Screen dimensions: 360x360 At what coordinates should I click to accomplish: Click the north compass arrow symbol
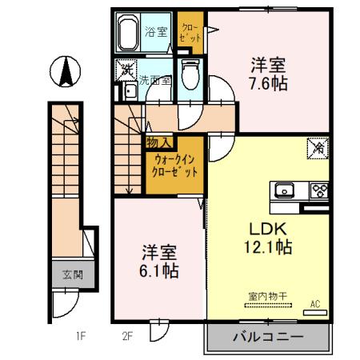click(65, 74)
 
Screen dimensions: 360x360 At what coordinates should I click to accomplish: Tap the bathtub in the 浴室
click(129, 34)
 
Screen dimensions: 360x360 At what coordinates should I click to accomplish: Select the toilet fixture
click(190, 77)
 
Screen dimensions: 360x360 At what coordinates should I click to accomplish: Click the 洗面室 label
click(154, 80)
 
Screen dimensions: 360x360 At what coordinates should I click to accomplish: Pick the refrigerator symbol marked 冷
click(317, 148)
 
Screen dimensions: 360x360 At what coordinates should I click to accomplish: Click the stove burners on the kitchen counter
click(319, 190)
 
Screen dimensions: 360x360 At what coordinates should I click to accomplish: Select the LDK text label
click(267, 226)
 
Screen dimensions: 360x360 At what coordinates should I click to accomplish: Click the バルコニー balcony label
click(268, 337)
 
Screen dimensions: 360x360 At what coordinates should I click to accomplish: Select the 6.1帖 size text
click(156, 270)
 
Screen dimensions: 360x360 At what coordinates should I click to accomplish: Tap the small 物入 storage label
click(157, 142)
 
